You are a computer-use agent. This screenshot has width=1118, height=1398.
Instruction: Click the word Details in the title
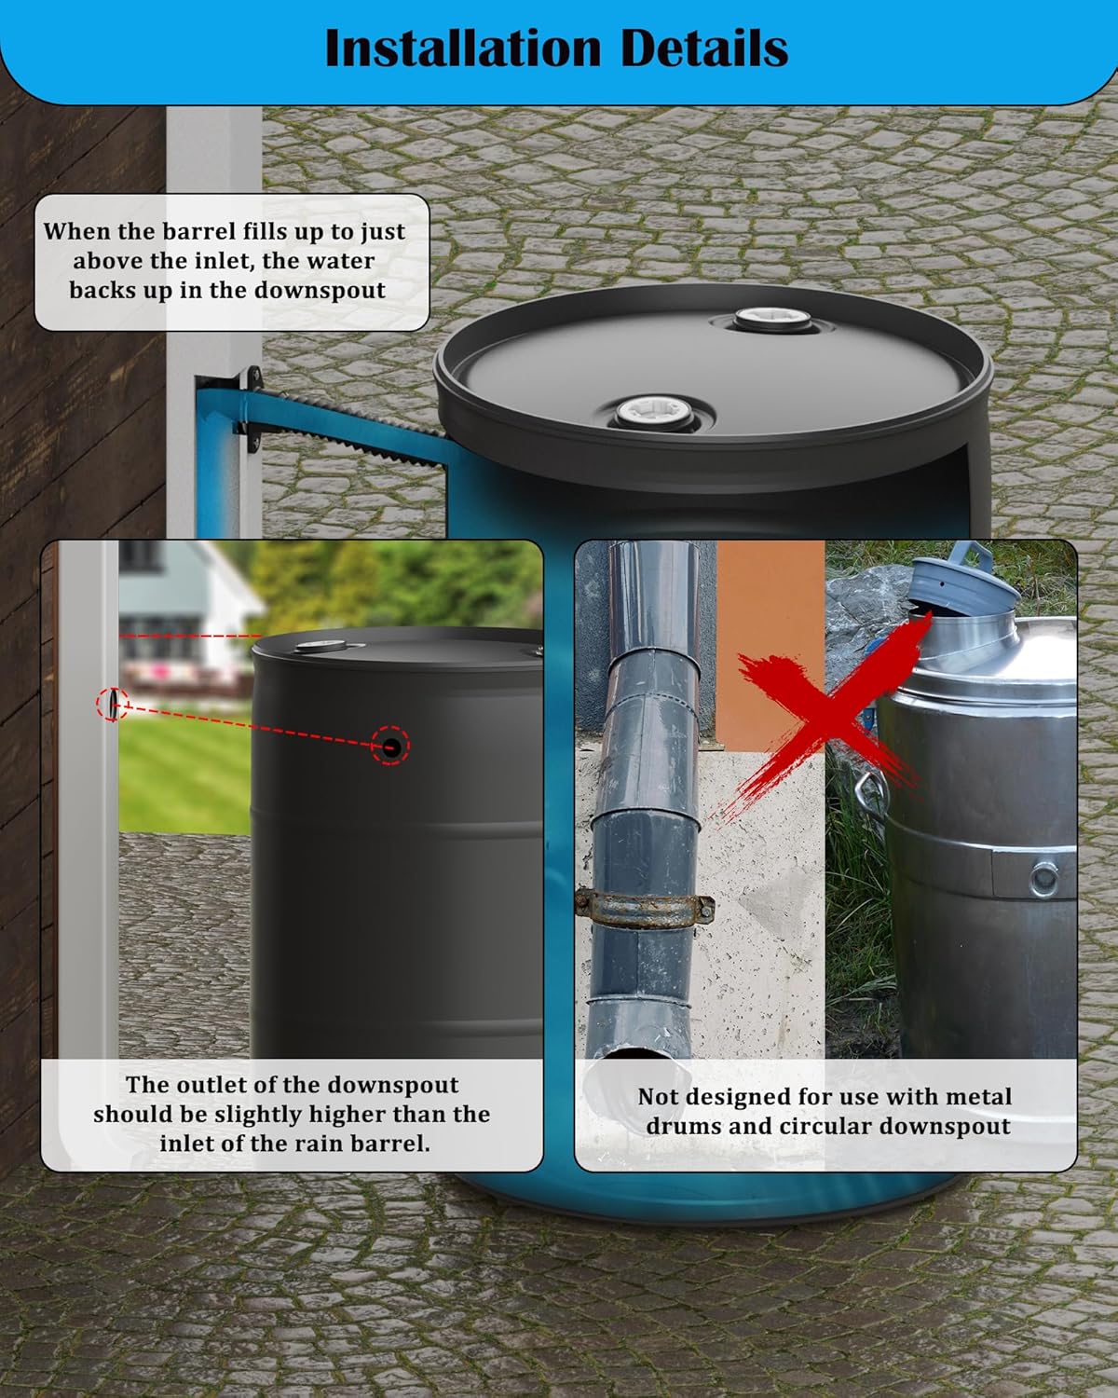click(704, 49)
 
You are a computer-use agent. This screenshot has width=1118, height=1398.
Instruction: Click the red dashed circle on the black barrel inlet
click(390, 746)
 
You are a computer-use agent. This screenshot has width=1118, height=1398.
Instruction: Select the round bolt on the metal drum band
click(1043, 877)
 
